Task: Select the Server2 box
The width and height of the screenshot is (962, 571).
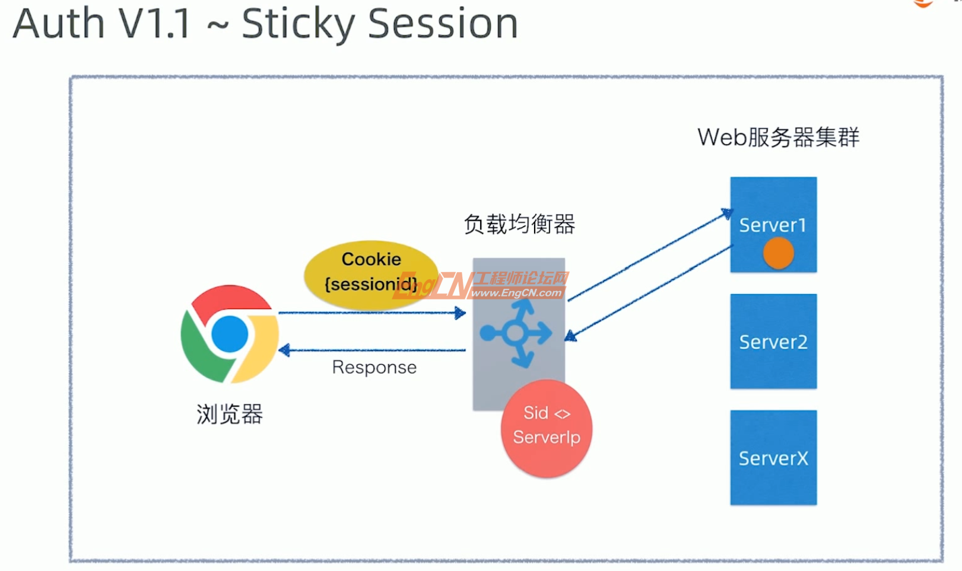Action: pyautogui.click(x=773, y=342)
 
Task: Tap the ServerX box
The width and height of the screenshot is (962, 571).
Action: pyautogui.click(x=773, y=458)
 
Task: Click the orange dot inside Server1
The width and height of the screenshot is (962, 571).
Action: pyautogui.click(x=778, y=253)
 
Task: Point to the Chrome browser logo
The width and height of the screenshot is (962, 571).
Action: pyautogui.click(x=230, y=334)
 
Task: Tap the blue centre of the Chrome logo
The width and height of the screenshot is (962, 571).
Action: pyautogui.click(x=230, y=334)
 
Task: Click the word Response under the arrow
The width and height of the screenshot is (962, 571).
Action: pyautogui.click(x=374, y=368)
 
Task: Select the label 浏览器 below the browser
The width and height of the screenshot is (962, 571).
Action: pyautogui.click(x=230, y=414)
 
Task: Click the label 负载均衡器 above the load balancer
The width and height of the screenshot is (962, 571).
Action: pyautogui.click(x=519, y=224)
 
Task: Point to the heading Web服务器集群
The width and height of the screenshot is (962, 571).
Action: pyautogui.click(x=778, y=137)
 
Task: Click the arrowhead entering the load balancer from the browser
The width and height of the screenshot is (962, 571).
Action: pyautogui.click(x=460, y=312)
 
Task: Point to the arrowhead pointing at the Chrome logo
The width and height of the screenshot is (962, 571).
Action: pyautogui.click(x=284, y=350)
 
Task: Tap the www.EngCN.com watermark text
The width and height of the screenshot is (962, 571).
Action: pyautogui.click(x=516, y=293)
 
